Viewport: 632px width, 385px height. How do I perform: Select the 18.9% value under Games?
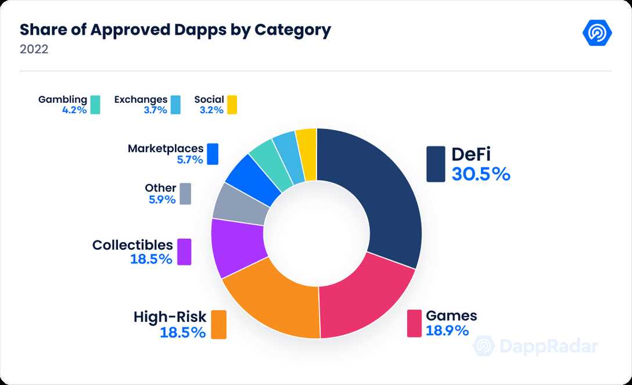point(447,330)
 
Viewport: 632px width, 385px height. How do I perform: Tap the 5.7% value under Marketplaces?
point(190,160)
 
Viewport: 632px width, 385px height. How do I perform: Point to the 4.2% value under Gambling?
point(74,110)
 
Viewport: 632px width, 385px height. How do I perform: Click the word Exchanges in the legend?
point(141,99)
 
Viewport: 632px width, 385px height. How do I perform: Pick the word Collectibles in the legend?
point(132,245)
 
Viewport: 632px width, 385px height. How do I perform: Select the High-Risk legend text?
point(170,317)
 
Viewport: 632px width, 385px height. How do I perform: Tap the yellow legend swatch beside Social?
point(232,105)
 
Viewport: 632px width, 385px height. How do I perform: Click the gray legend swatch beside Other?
point(185,194)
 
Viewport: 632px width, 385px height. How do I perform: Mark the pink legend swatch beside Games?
point(414,323)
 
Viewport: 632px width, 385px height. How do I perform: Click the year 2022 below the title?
point(34,49)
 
